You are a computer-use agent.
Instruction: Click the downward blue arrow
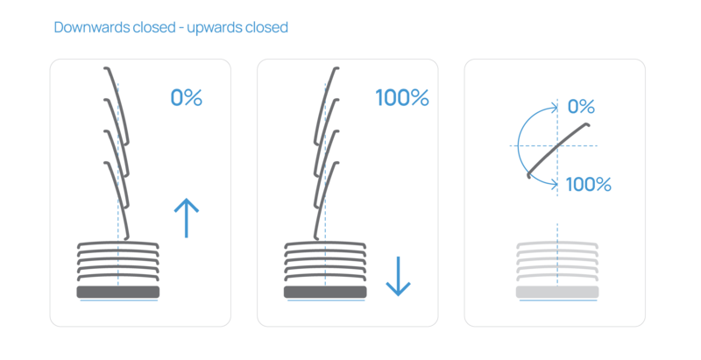tap(398, 276)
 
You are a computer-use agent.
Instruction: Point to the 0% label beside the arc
tap(581, 107)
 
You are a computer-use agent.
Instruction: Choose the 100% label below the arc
tap(588, 184)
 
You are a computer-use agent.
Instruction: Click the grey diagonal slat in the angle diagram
tap(557, 145)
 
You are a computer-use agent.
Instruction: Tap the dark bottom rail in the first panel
tap(118, 291)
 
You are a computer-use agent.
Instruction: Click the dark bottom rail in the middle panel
tap(325, 291)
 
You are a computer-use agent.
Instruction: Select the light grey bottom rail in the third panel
tap(557, 291)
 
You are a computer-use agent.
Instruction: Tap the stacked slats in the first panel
tap(118, 262)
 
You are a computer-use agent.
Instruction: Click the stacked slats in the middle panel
tap(325, 262)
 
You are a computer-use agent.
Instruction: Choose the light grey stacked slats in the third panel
tap(557, 262)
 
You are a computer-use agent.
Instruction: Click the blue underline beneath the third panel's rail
tap(557, 300)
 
